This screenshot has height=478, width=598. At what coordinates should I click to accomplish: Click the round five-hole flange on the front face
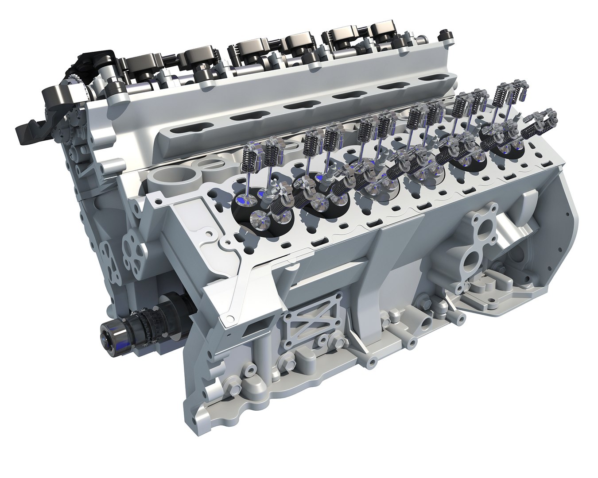click(x=132, y=241)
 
